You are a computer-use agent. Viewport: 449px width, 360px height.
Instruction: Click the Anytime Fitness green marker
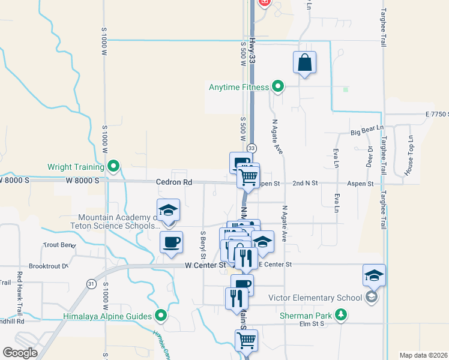(277, 87)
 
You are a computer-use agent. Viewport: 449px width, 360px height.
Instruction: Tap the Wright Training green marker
(113, 166)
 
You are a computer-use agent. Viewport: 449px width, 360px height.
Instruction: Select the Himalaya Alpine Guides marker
(161, 315)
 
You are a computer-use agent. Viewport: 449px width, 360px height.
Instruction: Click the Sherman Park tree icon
(341, 314)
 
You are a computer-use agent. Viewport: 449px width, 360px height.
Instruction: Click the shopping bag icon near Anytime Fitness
(305, 62)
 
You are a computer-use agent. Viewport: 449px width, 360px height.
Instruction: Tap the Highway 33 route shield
(251, 148)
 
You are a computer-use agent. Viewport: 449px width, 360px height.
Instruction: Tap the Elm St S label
(311, 324)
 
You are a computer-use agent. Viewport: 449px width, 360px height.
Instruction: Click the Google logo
(20, 352)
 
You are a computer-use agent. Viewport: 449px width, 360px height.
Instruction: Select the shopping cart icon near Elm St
(246, 340)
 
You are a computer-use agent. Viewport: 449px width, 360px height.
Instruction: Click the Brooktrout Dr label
(49, 265)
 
